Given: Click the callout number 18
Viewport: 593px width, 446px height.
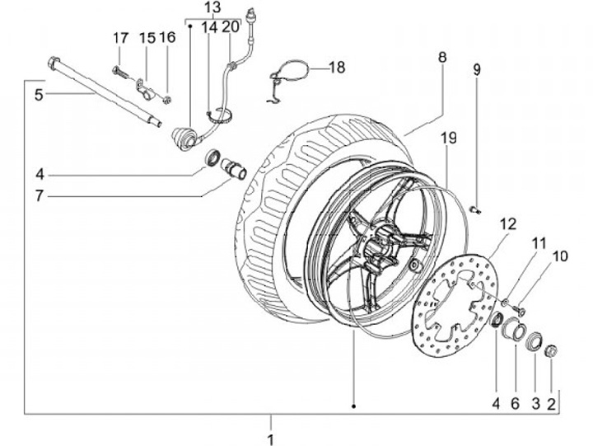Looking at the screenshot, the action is coord(337,68).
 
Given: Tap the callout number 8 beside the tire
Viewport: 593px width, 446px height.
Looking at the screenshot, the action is coord(442,57).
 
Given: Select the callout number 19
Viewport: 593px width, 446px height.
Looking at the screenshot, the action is coord(449,138).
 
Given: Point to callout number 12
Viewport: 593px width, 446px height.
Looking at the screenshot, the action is coord(508,224).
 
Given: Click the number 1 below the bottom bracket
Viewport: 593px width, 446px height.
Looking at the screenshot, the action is coord(270,439).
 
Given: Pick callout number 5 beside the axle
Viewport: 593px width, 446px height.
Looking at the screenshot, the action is coord(39,95).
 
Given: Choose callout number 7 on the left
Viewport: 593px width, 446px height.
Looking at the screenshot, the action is coord(40,196).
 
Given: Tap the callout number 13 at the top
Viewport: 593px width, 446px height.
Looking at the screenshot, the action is coord(212,7).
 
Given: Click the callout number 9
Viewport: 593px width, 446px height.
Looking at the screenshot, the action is coord(477,69).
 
